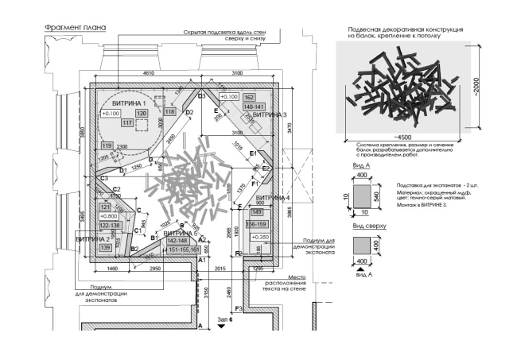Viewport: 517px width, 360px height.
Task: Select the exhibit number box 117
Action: (x=126, y=122)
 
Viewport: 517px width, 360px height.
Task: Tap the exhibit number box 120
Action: (x=142, y=114)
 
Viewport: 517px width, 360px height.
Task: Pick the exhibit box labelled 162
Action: (x=249, y=97)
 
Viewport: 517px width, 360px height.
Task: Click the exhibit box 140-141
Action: (x=254, y=106)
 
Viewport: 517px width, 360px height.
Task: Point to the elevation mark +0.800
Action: (x=108, y=215)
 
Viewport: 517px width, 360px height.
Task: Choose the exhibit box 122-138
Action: (x=108, y=225)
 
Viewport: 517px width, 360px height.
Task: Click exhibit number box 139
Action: (x=105, y=248)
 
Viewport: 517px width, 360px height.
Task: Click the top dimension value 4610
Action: (x=148, y=73)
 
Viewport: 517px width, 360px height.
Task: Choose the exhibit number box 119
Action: (x=107, y=145)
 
